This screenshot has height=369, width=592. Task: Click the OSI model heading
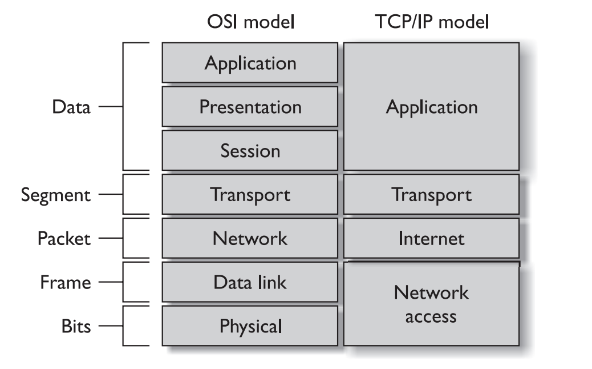click(251, 22)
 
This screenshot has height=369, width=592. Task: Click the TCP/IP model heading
click(432, 22)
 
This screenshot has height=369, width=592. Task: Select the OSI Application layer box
click(250, 63)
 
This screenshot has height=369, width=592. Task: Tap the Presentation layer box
click(250, 107)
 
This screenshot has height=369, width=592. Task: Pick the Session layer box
click(250, 150)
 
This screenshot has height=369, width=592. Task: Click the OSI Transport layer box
click(250, 194)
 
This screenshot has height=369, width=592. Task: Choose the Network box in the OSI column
click(250, 238)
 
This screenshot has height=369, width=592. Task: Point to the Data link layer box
click(250, 282)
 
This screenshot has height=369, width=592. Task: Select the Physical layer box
click(250, 326)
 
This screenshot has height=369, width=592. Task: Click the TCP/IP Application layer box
click(431, 107)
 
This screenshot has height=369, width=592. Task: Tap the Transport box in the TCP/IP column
click(431, 194)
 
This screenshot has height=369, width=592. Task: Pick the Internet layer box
click(431, 238)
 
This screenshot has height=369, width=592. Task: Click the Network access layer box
click(431, 304)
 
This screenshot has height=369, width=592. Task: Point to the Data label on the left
click(71, 107)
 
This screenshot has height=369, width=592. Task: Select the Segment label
click(56, 195)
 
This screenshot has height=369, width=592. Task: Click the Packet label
click(64, 239)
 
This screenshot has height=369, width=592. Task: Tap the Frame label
click(66, 282)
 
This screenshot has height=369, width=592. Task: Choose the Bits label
click(76, 326)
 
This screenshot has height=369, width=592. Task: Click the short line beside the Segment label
click(111, 194)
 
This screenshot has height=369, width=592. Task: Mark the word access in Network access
click(431, 317)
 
